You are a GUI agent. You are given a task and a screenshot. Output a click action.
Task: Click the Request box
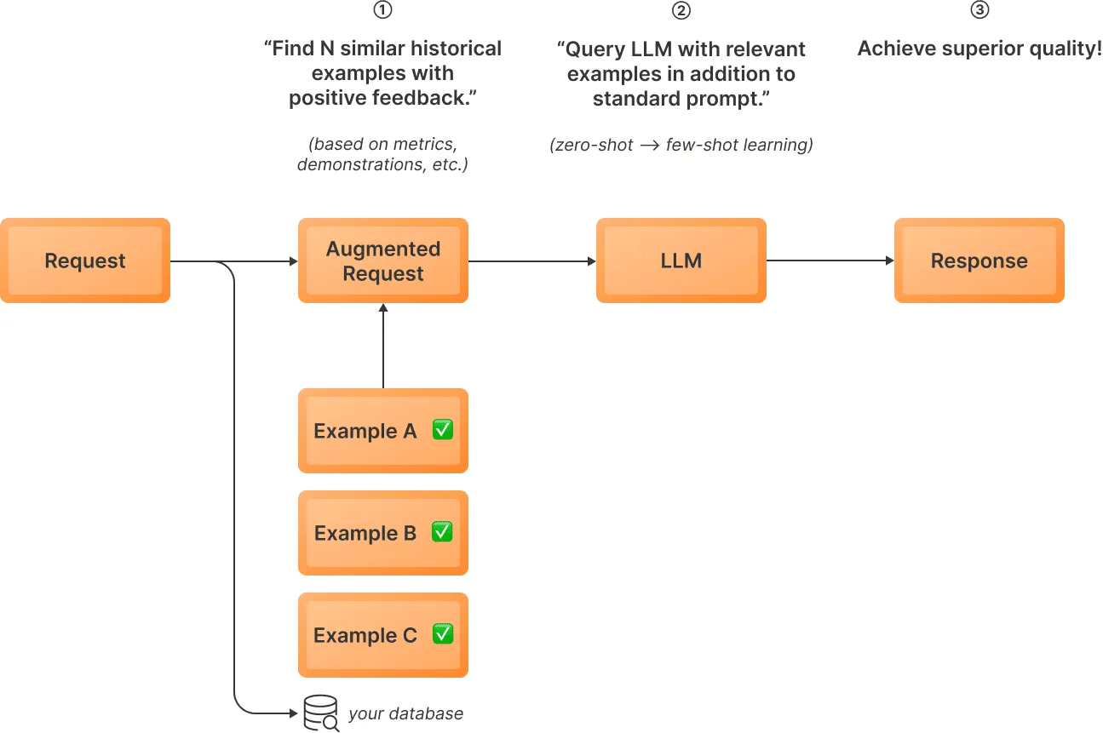click(85, 261)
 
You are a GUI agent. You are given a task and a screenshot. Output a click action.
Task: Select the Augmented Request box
click(383, 261)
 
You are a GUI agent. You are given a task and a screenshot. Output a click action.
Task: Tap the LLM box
click(681, 261)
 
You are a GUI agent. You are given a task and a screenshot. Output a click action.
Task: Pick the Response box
click(979, 261)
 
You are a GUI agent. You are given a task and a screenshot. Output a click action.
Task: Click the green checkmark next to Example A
click(442, 430)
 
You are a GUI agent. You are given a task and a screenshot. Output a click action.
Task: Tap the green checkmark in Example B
click(442, 532)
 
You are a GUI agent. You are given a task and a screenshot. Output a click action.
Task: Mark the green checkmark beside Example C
click(442, 634)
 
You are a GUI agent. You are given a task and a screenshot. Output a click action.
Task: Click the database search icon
click(321, 713)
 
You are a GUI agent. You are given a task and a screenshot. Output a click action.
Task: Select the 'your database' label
click(405, 713)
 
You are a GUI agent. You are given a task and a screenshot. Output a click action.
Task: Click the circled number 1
click(383, 10)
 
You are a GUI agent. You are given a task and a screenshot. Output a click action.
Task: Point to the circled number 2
click(681, 10)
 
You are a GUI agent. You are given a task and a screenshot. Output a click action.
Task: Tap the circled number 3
click(979, 10)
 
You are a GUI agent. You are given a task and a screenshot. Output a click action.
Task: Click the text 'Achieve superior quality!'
click(979, 49)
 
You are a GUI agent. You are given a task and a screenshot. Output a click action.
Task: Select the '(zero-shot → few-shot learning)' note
click(681, 146)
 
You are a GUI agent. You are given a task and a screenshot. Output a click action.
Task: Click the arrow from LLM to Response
click(830, 261)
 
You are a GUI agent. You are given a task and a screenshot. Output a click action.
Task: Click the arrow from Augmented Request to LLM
click(532, 261)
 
